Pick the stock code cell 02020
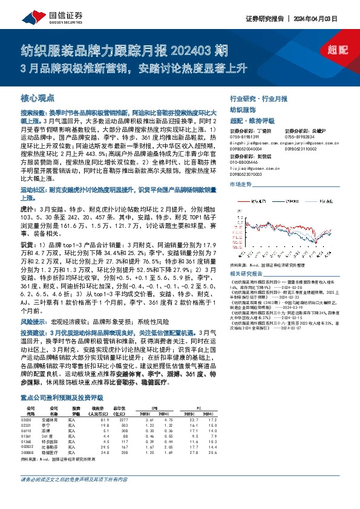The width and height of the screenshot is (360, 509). click(25, 402)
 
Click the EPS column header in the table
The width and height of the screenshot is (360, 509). click(154, 390)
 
